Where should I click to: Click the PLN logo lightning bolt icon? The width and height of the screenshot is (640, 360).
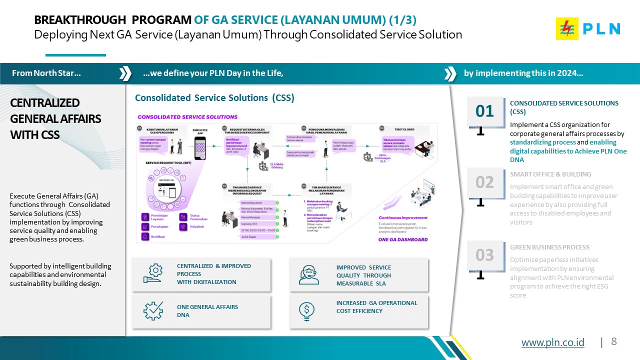click(x=567, y=28)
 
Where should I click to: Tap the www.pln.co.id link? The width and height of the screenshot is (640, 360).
click(x=552, y=342)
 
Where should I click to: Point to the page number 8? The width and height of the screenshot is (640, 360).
click(x=614, y=341)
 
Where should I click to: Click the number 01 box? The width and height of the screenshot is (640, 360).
click(x=484, y=111)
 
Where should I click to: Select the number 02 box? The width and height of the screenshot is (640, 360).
click(x=484, y=182)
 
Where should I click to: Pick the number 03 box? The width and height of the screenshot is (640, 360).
click(x=484, y=255)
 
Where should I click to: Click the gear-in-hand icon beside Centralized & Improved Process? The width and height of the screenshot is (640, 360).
click(x=152, y=273)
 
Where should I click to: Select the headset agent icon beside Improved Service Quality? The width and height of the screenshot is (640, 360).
click(x=308, y=274)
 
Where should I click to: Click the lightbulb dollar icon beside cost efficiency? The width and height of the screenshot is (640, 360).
click(x=306, y=311)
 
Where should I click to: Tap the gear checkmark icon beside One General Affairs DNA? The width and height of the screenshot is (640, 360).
click(x=152, y=311)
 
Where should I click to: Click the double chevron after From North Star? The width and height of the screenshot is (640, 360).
click(x=125, y=73)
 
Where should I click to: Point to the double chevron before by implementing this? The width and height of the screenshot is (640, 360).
click(x=450, y=73)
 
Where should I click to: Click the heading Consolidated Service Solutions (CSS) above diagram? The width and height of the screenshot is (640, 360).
click(x=214, y=98)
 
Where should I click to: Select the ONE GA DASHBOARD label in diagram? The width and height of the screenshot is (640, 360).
click(x=403, y=239)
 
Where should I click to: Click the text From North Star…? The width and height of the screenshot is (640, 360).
click(x=46, y=73)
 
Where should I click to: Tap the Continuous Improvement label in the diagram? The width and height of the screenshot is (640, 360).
click(x=403, y=218)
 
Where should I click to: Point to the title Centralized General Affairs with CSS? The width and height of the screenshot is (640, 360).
click(x=55, y=118)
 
